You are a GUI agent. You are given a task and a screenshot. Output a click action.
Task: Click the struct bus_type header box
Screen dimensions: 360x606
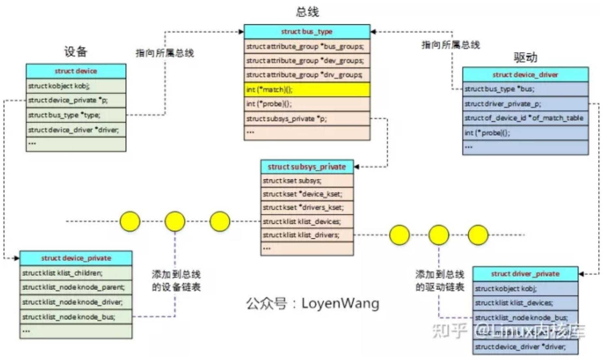pos(307,32)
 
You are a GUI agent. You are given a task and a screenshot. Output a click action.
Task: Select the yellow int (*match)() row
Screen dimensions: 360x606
pos(307,90)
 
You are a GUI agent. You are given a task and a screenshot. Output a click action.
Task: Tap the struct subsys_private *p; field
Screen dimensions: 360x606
pos(307,119)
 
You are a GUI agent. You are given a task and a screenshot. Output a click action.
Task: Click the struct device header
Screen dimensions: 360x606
pos(76,71)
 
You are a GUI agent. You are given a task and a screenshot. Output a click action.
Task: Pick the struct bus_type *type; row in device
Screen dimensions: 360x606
pos(76,115)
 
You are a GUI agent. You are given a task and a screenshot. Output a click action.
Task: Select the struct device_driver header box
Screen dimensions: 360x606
pos(525,75)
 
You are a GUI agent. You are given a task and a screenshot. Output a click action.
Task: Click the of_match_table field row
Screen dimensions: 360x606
pos(525,118)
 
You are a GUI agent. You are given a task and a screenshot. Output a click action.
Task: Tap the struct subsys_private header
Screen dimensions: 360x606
pos(307,167)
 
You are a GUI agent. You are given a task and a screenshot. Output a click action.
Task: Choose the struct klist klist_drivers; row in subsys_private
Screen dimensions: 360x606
pos(307,235)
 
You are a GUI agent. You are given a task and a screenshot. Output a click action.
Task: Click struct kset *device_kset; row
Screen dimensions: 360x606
pos(307,194)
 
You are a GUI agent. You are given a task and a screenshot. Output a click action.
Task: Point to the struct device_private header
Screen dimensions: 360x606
pos(76,258)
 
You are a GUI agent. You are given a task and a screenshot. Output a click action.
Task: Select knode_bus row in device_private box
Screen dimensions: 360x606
pos(76,317)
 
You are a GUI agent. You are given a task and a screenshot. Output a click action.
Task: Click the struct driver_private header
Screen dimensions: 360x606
pos(525,274)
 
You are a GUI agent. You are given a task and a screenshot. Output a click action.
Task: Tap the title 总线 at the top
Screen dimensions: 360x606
pos(307,12)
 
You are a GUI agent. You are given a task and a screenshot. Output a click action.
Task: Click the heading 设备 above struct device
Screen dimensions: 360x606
pos(76,51)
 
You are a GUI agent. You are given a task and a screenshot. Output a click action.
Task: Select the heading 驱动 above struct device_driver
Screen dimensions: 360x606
pos(525,57)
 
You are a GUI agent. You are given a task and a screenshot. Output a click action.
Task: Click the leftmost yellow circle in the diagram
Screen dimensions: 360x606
pos(130,222)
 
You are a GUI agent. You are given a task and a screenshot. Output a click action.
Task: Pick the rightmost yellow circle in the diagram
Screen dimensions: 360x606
pos(478,235)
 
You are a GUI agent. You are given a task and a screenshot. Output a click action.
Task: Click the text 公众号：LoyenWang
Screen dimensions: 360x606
pos(312,303)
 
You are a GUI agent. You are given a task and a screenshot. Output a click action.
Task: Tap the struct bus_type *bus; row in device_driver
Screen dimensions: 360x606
pos(525,89)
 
